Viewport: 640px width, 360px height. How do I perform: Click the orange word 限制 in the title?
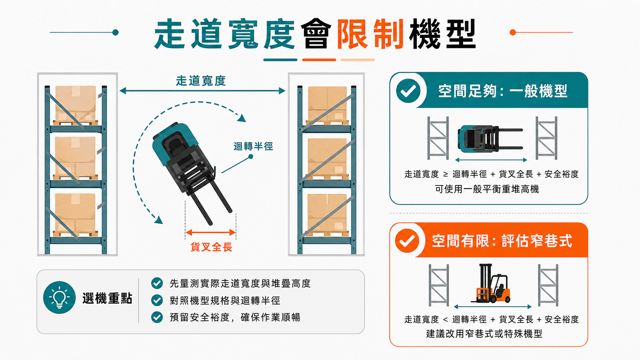[370, 34]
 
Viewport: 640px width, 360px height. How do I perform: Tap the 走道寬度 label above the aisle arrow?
[201, 81]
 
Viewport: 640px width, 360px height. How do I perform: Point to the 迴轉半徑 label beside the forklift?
[253, 147]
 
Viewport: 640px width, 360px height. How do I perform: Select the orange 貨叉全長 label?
[211, 247]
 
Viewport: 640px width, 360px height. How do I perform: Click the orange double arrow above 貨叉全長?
[211, 232]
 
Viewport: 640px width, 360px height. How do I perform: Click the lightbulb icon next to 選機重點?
[59, 298]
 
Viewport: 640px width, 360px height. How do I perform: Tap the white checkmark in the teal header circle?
[408, 91]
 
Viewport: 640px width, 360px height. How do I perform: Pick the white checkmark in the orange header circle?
[407, 241]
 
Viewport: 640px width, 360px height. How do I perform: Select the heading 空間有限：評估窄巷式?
[502, 241]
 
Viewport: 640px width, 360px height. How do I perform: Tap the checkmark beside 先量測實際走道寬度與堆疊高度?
[157, 283]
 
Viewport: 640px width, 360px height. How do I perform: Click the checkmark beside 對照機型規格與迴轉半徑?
[157, 300]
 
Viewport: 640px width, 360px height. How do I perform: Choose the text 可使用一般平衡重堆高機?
[487, 189]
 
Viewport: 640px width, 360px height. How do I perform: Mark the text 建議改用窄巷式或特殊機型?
[484, 334]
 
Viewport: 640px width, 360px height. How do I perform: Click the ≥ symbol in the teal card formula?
[446, 174]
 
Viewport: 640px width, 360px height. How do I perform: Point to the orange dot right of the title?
[513, 32]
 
